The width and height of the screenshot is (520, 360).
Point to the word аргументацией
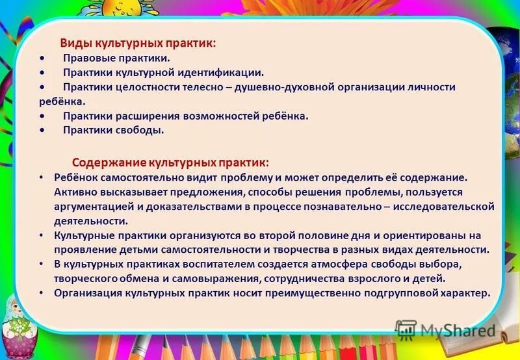tap(95, 206)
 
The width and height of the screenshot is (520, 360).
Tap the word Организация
tap(86, 292)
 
